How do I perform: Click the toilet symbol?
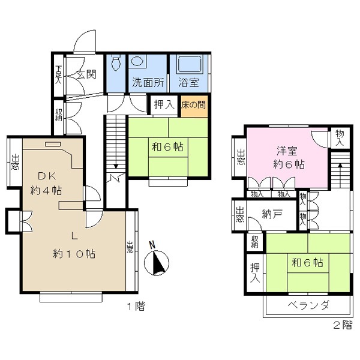[116, 62]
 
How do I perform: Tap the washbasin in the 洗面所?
[137, 61]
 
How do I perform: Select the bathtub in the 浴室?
[190, 64]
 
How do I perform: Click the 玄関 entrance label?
[86, 74]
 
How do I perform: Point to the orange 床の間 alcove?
[194, 106]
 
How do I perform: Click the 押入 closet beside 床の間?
[164, 105]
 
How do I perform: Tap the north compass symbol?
[157, 263]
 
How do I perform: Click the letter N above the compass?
[152, 245]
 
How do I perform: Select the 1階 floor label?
[136, 306]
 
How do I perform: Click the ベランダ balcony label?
[308, 305]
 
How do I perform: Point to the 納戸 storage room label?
[272, 214]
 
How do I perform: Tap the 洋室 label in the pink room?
[287, 151]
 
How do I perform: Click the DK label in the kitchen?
[47, 176]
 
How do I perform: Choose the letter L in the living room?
[74, 236]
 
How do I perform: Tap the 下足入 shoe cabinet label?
[59, 74]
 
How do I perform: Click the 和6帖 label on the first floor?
[167, 147]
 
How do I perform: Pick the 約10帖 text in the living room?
[74, 254]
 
